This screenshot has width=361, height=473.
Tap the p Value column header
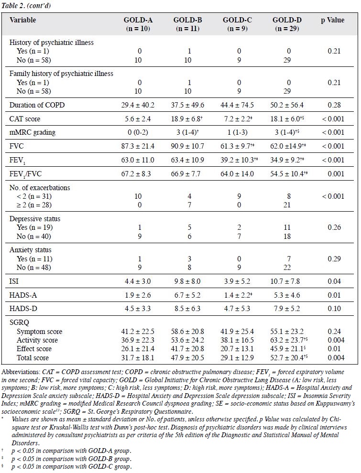pos(332,20)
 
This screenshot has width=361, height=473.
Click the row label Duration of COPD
pos(37,105)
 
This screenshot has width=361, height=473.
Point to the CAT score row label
pos(25,119)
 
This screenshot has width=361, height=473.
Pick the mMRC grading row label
pos(33,132)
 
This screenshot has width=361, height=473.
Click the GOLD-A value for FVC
pos(138,146)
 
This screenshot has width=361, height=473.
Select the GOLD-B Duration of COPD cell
pos(187,105)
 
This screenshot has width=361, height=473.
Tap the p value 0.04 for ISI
pos(334,281)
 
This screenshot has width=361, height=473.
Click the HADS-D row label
pos(23,309)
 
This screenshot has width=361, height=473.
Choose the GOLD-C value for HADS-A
pos(237,295)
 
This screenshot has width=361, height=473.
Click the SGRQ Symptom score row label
pos(39,332)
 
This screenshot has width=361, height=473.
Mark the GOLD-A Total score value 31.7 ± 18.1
pos(138,358)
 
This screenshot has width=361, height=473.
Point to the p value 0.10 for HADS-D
pos(334,309)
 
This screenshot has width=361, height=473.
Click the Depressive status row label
pos(35,219)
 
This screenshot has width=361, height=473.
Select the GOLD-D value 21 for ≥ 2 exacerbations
pos(287,205)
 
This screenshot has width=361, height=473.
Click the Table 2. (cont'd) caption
pos(26,6)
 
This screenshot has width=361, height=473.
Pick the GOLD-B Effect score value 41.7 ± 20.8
pos(187,349)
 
